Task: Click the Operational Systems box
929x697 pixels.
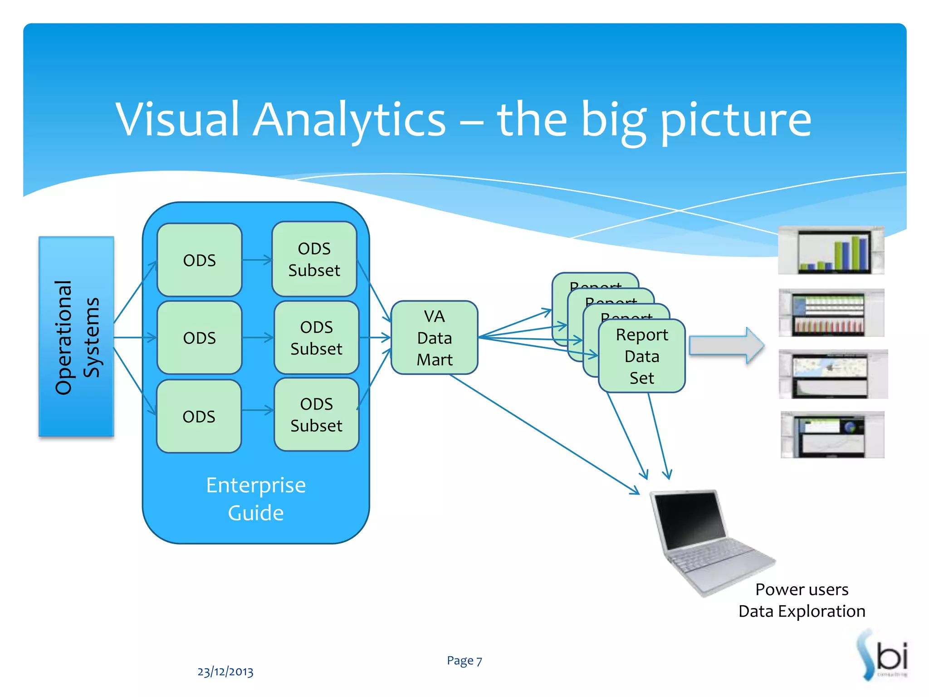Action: click(76, 336)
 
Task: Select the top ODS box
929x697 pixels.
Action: click(199, 260)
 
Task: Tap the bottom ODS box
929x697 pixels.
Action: click(199, 416)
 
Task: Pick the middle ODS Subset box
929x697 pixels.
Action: click(316, 338)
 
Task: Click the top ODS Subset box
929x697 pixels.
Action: click(314, 259)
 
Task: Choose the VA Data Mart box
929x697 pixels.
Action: click(434, 338)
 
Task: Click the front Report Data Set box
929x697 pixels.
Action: click(641, 356)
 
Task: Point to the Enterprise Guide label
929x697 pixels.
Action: click(256, 499)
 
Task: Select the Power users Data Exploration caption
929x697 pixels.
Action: click(802, 600)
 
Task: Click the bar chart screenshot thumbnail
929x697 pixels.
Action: click(831, 250)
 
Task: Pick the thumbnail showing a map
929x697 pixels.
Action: click(833, 374)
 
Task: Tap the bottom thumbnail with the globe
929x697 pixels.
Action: click(832, 435)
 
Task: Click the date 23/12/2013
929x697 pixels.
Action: click(225, 671)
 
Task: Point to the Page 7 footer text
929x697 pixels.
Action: click(464, 660)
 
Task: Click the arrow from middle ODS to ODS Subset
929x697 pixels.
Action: click(257, 338)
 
